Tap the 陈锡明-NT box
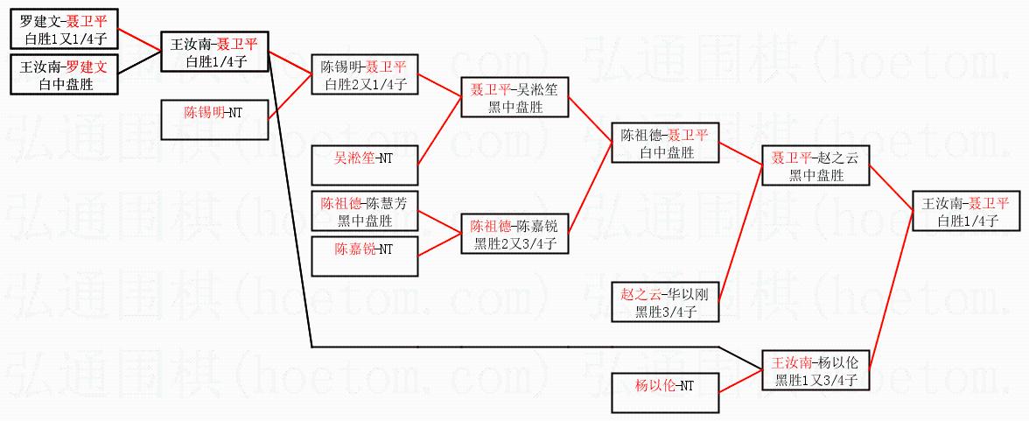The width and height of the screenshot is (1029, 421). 214,120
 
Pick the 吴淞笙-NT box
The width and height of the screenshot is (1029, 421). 364,165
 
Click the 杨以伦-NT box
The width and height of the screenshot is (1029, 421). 664,393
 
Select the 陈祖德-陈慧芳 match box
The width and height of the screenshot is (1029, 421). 364,211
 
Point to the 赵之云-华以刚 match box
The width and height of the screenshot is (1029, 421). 664,302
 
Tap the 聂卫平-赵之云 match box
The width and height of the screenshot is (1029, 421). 815,165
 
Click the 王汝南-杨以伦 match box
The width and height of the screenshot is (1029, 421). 815,370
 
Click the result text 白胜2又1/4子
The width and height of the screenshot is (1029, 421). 364,85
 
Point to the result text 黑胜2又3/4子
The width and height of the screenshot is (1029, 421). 514,244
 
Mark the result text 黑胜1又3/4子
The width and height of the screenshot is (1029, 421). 815,381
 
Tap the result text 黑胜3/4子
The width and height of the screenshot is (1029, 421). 664,312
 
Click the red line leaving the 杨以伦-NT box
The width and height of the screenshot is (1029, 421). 739,382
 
